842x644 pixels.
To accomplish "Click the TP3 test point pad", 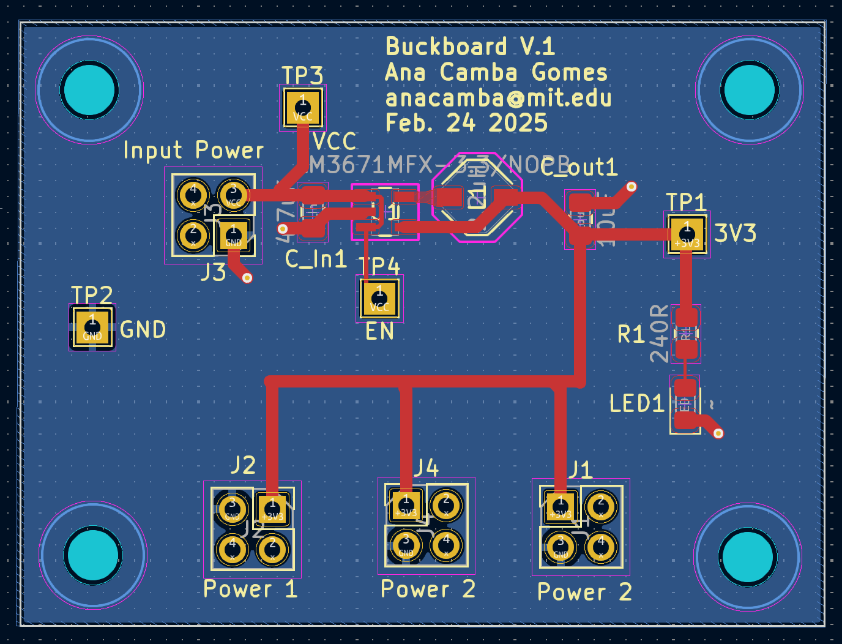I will pyautogui.click(x=302, y=107).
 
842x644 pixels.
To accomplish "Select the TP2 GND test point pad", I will pyautogui.click(x=92, y=328).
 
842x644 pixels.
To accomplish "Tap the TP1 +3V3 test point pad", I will pyautogui.click(x=687, y=234).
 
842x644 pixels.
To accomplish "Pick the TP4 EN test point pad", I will pyautogui.click(x=379, y=299).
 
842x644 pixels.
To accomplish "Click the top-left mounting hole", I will pyautogui.click(x=89, y=90).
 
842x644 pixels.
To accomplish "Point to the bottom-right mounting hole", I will pyautogui.click(x=748, y=556).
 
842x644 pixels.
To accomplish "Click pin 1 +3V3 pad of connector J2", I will pyautogui.click(x=272, y=509).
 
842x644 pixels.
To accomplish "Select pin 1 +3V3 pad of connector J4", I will pyautogui.click(x=406, y=506).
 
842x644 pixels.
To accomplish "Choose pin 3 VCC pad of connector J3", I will pyautogui.click(x=233, y=195).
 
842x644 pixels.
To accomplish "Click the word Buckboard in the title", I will pyautogui.click(x=446, y=47).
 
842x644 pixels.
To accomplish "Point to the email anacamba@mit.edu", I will pyautogui.click(x=498, y=98).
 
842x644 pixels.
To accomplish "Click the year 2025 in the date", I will pyautogui.click(x=518, y=123).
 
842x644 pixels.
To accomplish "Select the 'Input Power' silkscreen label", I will pyautogui.click(x=193, y=150).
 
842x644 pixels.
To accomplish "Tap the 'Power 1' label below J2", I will pyautogui.click(x=250, y=589).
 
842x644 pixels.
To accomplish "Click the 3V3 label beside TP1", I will pyautogui.click(x=735, y=233).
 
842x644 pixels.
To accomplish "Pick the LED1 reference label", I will pyautogui.click(x=636, y=403).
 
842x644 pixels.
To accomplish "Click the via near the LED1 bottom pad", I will pyautogui.click(x=718, y=433).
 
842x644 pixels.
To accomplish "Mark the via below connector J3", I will pyautogui.click(x=247, y=278).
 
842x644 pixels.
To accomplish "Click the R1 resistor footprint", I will pyautogui.click(x=686, y=333).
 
